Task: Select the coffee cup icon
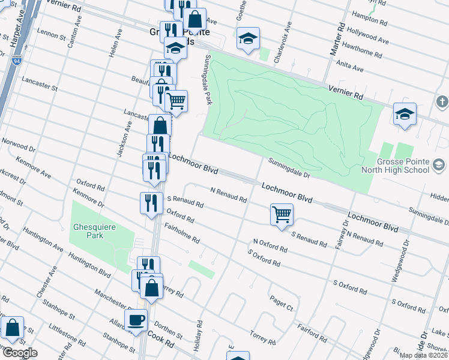tap(135, 320)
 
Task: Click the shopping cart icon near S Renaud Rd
tap(282, 214)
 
